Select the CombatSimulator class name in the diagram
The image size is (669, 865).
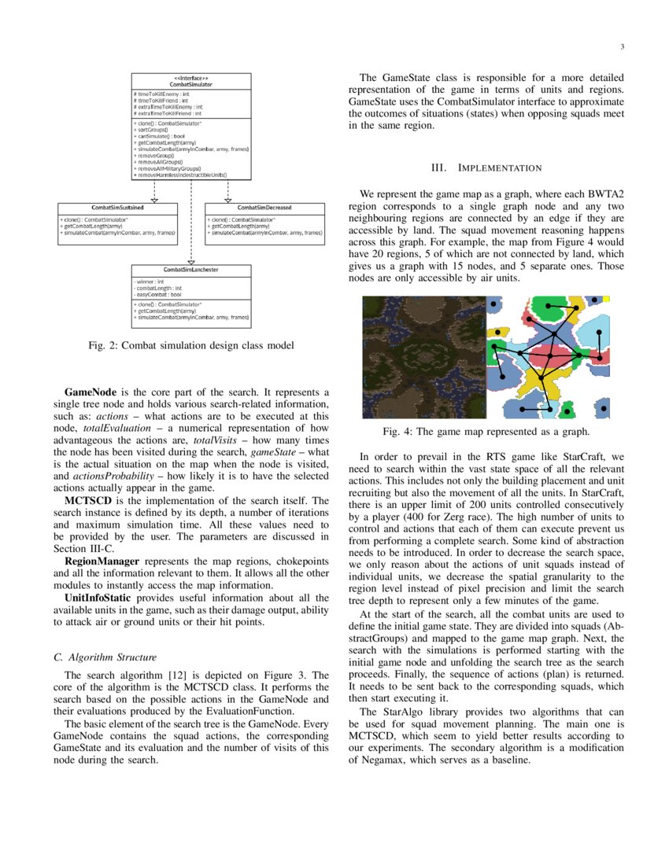point(191,84)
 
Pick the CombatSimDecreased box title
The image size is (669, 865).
point(264,208)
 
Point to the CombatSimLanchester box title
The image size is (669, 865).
point(191,270)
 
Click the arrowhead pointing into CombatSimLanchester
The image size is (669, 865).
point(191,262)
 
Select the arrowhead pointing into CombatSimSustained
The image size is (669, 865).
point(154,200)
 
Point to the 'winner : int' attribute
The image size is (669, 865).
point(150,281)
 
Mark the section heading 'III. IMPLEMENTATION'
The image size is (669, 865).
point(486,168)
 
